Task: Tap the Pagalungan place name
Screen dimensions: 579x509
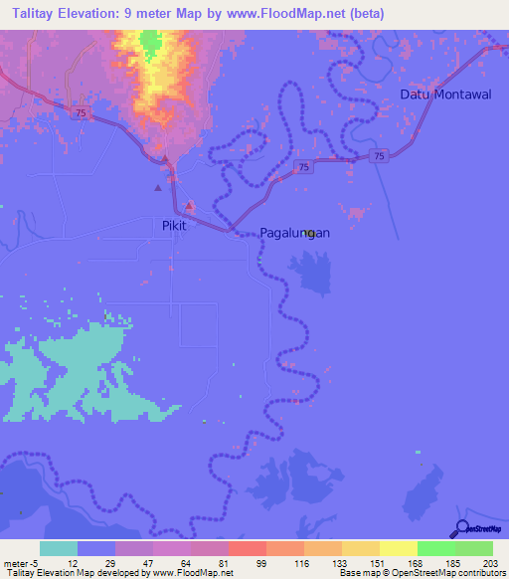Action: coord(294,233)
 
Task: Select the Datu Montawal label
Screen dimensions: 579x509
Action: coord(444,94)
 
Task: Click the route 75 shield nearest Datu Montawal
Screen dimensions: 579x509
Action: coord(379,155)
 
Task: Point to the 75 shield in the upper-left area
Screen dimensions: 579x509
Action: coord(79,113)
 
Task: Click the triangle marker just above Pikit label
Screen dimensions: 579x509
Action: coord(157,188)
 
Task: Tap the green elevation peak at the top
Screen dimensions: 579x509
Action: coord(150,43)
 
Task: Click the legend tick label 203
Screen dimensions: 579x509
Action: coord(488,563)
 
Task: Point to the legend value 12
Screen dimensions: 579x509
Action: coord(59,563)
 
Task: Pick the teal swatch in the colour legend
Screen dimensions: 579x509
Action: coord(59,548)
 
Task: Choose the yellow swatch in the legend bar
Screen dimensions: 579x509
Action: coord(399,548)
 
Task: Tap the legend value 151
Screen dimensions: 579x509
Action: coord(361,563)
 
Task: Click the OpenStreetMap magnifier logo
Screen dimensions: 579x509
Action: coord(460,528)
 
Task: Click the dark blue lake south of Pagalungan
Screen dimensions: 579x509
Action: coord(312,271)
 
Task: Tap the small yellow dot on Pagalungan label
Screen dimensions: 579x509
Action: coord(311,234)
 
